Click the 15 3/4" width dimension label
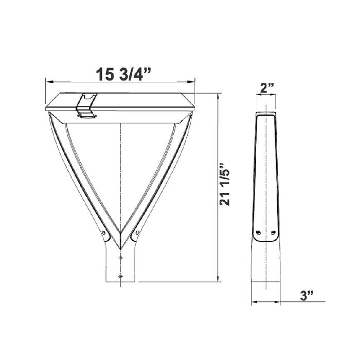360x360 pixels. [x=123, y=74]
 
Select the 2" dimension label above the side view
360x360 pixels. [x=266, y=88]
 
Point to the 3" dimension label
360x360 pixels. [x=307, y=296]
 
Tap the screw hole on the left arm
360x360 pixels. [x=104, y=233]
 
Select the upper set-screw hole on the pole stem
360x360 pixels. [x=120, y=257]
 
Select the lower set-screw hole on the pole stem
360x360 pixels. [x=120, y=276]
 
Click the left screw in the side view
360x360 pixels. [x=259, y=233]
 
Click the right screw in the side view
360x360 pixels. [x=273, y=233]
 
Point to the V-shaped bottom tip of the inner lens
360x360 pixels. [x=120, y=232]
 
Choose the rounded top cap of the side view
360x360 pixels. [x=266, y=115]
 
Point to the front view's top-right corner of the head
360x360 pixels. [x=195, y=94]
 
